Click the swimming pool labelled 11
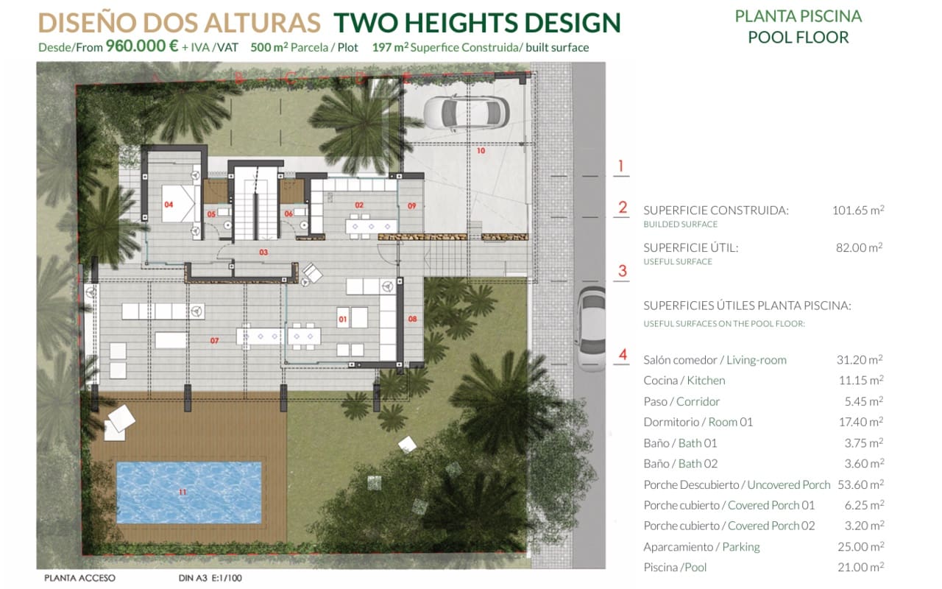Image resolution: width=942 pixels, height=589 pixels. (188, 490)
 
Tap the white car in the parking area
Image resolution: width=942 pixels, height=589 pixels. (467, 112)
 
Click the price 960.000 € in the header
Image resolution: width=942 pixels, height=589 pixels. (142, 46)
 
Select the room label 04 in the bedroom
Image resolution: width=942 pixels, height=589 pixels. (169, 205)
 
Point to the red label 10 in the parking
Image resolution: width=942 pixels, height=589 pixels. (481, 151)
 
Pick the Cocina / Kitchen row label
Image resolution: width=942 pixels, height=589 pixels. (684, 381)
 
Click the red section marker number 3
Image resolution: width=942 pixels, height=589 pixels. (623, 271)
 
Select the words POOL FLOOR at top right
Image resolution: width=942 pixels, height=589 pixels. (798, 37)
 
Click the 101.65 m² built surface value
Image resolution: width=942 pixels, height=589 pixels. (857, 210)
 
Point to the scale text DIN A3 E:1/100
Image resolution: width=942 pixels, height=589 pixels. (210, 578)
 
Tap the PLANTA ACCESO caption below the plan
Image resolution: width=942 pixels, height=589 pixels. (79, 578)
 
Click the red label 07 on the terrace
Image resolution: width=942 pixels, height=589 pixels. (214, 341)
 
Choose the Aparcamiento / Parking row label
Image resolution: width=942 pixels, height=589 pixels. (701, 546)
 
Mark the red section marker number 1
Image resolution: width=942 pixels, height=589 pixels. (621, 166)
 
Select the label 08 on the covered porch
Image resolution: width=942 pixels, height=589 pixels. (412, 319)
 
